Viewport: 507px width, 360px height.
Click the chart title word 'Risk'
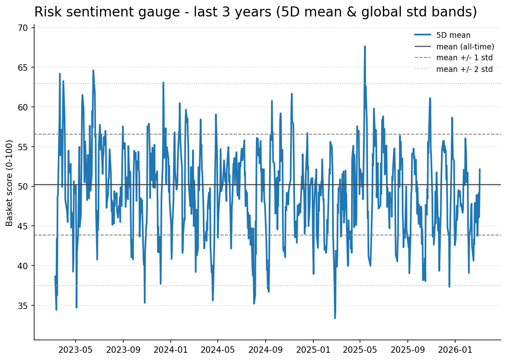point(45,12)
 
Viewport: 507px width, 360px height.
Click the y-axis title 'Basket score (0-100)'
point(10,183)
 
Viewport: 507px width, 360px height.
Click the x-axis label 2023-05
point(75,350)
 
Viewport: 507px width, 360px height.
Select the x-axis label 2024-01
point(170,350)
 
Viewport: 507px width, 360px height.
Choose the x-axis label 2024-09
point(265,350)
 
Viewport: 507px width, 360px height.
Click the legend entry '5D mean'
point(453,35)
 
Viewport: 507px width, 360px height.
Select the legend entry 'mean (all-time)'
point(465,47)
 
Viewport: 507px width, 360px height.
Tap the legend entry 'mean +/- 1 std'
point(464,58)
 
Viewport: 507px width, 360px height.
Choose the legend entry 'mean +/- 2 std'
point(464,69)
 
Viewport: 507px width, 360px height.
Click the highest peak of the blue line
point(365,46)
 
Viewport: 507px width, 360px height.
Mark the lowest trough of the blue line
point(335,318)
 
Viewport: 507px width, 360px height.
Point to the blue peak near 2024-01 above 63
point(163,82)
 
